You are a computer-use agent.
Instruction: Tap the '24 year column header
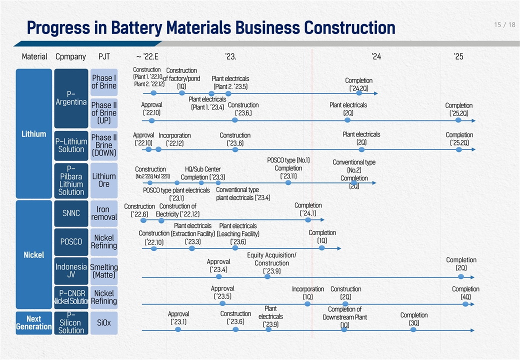(x=376, y=56)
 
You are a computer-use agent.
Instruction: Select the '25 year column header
(x=458, y=56)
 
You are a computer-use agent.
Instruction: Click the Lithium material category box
(x=34, y=133)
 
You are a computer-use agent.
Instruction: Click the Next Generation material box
(x=34, y=322)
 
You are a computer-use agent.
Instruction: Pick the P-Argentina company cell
(x=70, y=98)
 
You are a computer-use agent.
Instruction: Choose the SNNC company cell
(x=70, y=213)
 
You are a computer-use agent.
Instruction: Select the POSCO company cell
(x=70, y=242)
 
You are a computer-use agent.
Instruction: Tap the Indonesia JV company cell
(x=70, y=270)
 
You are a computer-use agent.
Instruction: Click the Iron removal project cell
(x=104, y=213)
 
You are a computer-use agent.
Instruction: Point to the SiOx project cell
(x=104, y=323)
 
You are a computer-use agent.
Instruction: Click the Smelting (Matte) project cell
(x=104, y=271)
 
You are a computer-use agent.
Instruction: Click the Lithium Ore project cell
(x=104, y=180)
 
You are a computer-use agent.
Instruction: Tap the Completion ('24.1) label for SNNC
(x=308, y=209)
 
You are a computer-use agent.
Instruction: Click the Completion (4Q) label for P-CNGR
(x=465, y=293)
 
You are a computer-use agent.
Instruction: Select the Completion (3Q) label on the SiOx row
(x=414, y=319)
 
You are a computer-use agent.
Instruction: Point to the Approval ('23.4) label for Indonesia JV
(x=218, y=265)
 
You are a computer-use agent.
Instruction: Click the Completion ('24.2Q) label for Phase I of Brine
(x=358, y=84)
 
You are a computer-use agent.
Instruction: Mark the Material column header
(x=34, y=56)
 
